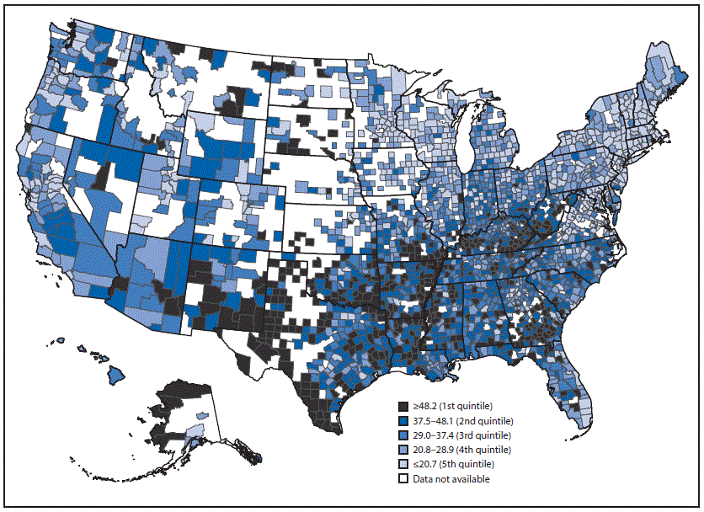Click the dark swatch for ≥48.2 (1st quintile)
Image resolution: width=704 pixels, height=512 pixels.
[404, 407]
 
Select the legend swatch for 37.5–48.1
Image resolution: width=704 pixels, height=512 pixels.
[404, 421]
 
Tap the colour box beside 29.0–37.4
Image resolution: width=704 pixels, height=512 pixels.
[404, 435]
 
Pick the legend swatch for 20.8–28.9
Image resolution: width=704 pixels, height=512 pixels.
[404, 450]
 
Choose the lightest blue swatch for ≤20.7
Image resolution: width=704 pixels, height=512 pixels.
[404, 464]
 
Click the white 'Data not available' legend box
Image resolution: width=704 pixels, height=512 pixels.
[404, 478]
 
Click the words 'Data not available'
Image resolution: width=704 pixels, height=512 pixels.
[451, 478]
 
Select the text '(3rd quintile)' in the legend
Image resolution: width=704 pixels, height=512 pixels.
[481, 435]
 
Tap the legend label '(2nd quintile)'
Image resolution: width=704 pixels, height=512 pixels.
[483, 421]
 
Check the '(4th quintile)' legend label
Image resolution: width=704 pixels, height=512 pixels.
[481, 450]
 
